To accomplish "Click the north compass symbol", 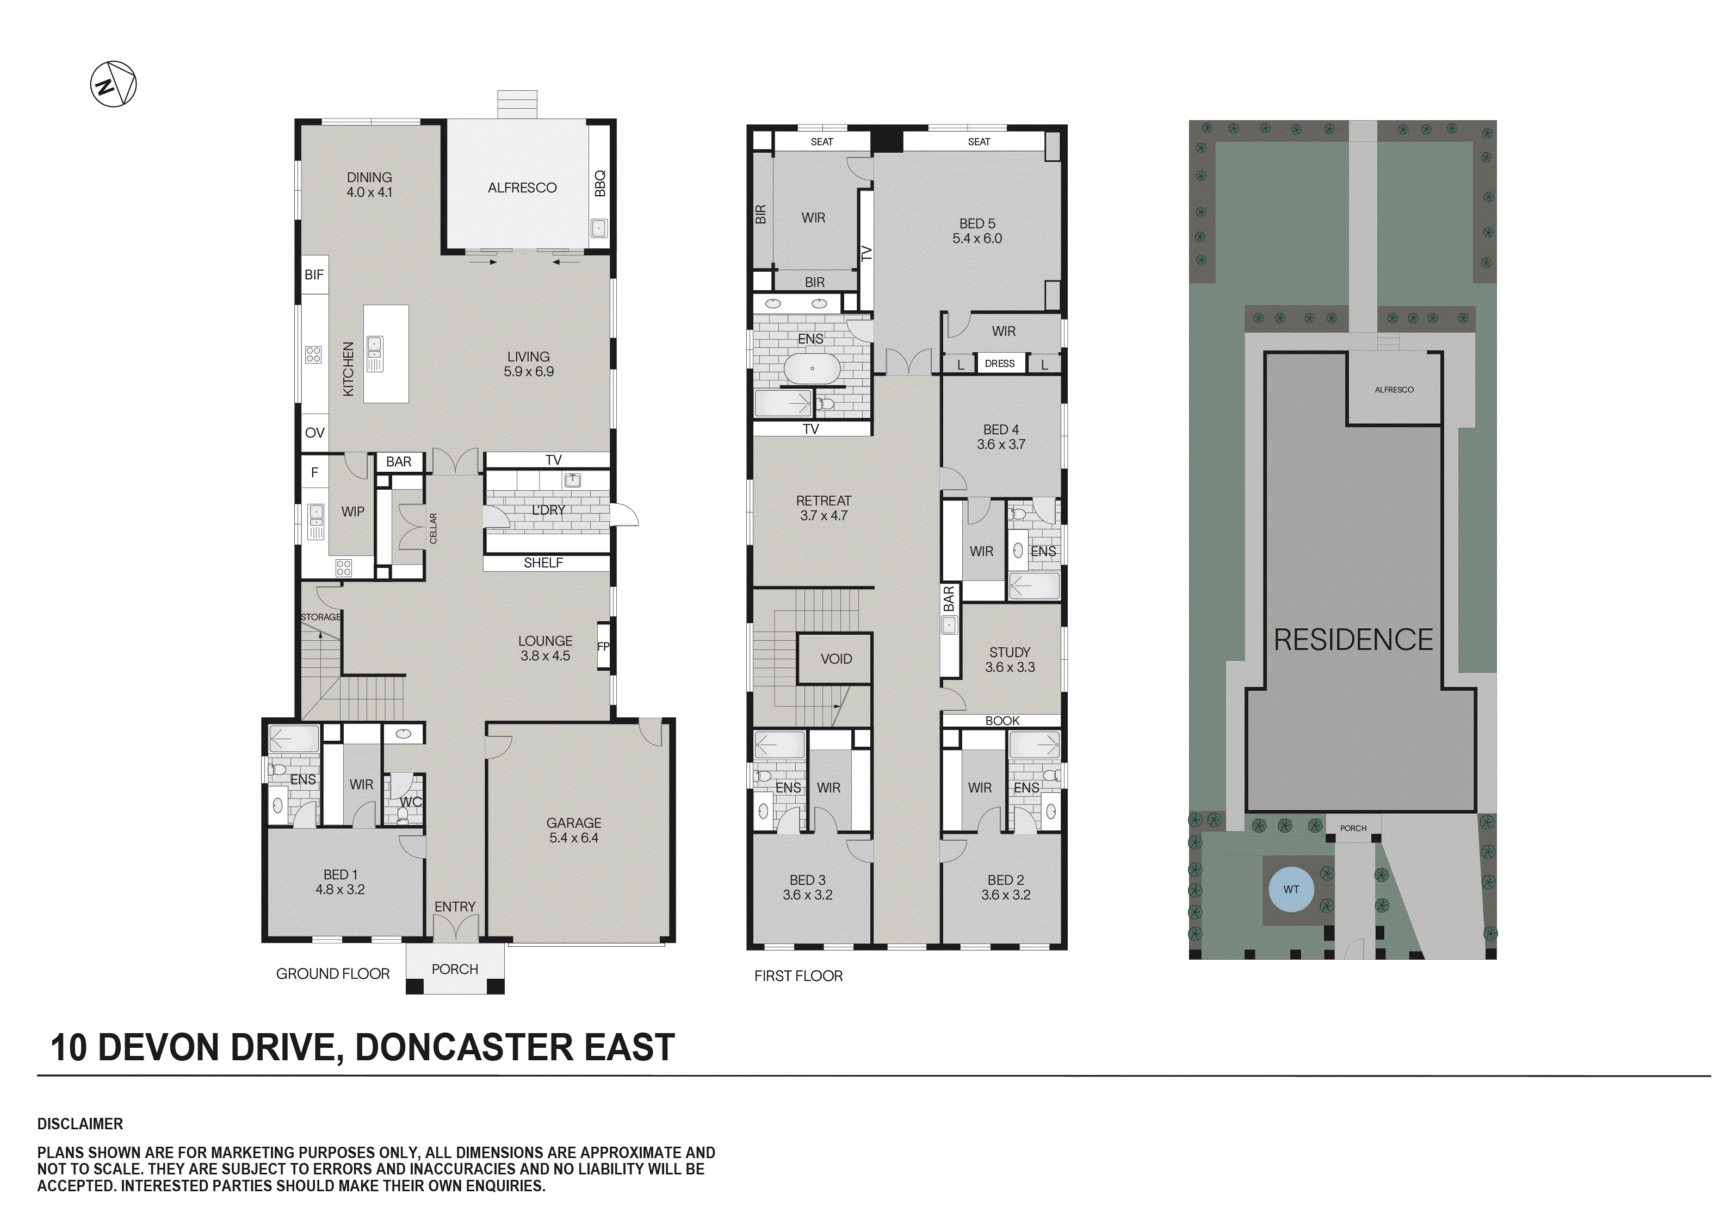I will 113,84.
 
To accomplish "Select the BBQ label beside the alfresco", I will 599,183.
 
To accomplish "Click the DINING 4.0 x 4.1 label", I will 369,185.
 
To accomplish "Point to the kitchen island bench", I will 386,354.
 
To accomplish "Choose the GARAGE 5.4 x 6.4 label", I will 574,830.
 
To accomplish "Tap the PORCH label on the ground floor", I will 454,968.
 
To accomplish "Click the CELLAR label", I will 433,528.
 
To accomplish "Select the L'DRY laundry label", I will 548,510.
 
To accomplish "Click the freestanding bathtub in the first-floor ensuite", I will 812,370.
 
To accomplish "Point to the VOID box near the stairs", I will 835,659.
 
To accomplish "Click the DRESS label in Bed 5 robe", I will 999,364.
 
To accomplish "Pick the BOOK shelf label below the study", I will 1001,721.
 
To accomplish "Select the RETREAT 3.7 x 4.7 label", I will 824,508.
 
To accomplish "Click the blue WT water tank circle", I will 1291,890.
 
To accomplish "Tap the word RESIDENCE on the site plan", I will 1353,640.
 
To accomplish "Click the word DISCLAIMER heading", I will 80,1124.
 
